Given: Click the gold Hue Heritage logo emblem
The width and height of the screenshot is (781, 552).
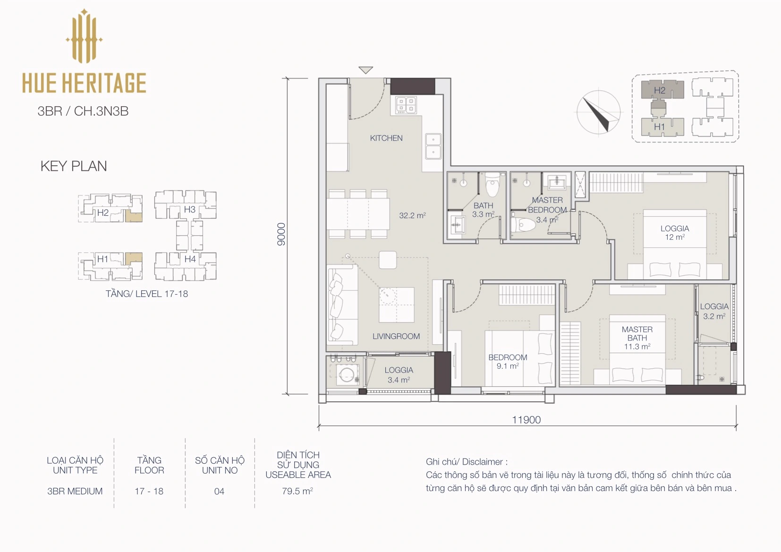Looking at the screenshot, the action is click(84, 36).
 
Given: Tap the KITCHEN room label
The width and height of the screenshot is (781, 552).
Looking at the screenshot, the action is click(386, 138).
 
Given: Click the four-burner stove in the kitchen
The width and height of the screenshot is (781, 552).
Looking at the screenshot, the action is click(406, 105).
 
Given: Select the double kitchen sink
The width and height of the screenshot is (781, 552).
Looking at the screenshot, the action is click(433, 146).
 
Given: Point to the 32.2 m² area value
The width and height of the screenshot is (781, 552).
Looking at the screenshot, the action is click(413, 215).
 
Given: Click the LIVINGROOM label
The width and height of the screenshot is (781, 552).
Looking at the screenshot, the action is click(396, 337).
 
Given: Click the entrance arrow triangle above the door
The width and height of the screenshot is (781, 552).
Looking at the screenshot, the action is click(366, 70).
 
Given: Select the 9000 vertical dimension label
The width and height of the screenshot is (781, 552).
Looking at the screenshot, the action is click(281, 234).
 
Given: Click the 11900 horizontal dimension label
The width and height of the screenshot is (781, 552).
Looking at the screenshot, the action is click(526, 419).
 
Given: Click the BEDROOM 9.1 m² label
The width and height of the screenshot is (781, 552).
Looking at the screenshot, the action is click(508, 362).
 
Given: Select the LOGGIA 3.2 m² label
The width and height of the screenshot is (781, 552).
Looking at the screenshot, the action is click(714, 311).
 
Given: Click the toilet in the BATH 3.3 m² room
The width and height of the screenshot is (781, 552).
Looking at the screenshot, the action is click(492, 184).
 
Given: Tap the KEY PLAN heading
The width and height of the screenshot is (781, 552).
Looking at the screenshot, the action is click(74, 166).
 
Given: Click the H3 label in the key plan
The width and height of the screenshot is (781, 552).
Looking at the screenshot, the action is click(190, 210).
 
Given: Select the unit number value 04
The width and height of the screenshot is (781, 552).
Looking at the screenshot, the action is click(219, 492).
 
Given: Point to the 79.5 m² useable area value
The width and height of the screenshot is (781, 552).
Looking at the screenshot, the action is click(297, 491).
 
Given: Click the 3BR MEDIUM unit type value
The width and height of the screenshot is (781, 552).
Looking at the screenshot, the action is click(75, 492).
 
